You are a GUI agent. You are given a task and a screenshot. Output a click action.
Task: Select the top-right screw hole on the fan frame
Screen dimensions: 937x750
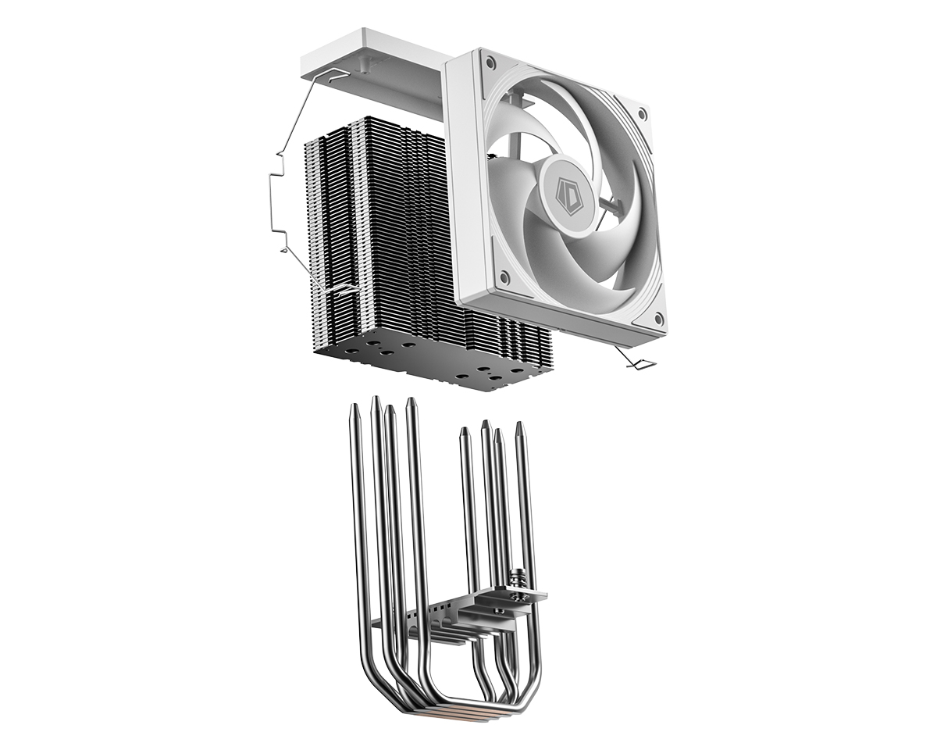pyautogui.click(x=641, y=115)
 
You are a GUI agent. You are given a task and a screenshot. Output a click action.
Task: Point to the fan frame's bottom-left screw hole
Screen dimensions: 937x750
pyautogui.click(x=504, y=276)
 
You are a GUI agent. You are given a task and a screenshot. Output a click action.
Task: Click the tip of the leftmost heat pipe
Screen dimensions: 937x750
pyautogui.click(x=354, y=405)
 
